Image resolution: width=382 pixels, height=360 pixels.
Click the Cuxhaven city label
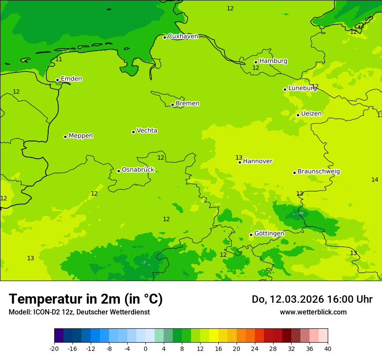[183, 36]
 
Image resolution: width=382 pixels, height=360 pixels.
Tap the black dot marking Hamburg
[256, 62]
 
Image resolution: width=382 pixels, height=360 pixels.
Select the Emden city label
[71, 79]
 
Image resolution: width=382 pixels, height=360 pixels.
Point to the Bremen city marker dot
[172, 105]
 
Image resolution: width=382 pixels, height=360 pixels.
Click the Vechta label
[147, 131]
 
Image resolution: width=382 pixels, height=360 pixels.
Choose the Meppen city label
[80, 136]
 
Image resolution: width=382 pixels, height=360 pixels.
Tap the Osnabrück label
[138, 170]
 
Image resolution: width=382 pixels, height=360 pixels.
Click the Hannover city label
[257, 161]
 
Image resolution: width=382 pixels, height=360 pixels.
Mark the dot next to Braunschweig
[294, 173]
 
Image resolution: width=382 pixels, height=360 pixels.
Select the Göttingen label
[269, 233]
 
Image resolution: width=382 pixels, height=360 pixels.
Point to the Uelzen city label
[311, 114]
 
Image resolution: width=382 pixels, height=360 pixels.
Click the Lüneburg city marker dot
[285, 89]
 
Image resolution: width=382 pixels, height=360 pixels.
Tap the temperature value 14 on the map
[375, 180]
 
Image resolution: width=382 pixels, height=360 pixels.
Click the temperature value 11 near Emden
[59, 59]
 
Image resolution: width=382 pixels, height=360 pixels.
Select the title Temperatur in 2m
[86, 299]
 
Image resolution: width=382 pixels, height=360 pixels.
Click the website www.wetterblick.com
[313, 312]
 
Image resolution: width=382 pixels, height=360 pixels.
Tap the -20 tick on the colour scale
[54, 348]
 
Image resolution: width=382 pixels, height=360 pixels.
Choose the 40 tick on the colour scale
[328, 348]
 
